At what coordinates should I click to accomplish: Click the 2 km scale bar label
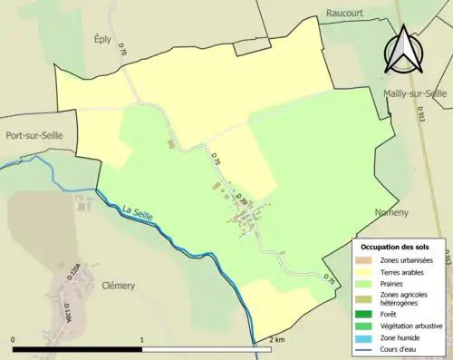point(277,339)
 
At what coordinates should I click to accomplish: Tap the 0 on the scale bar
point(14,339)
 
